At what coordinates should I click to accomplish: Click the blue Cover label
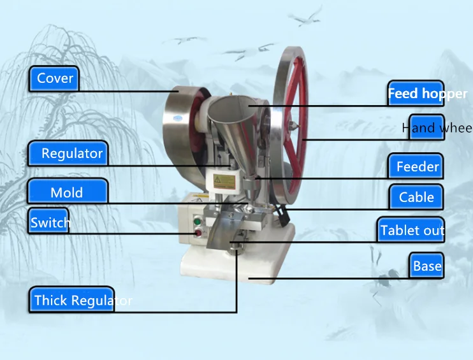[x=54, y=78]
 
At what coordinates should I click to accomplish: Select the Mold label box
[x=67, y=192]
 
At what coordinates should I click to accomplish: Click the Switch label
[x=50, y=223]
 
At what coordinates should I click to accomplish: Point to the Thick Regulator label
[x=71, y=300]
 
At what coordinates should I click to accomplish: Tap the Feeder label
[x=417, y=167]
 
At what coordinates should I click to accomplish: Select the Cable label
[x=416, y=198]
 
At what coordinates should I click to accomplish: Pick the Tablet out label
[x=412, y=230]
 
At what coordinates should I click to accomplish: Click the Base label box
[x=426, y=266]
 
